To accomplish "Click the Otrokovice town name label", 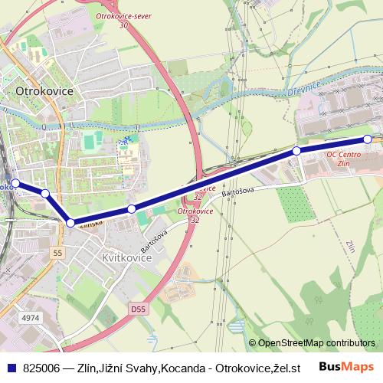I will click(44, 90).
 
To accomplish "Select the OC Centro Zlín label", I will click(342, 159).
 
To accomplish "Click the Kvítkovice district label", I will click(127, 258).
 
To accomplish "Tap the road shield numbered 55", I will click(57, 252).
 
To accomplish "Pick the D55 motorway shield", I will click(137, 309).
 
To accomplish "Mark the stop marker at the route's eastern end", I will click(368, 139).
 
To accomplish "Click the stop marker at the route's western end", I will click(15, 183).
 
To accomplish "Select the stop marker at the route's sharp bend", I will click(70, 223).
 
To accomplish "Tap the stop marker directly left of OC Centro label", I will click(296, 152).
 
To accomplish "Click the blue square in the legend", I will click(10, 366).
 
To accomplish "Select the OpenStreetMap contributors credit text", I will click(316, 343).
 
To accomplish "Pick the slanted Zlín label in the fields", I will click(350, 247).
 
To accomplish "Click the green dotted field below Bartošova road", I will click(292, 202).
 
